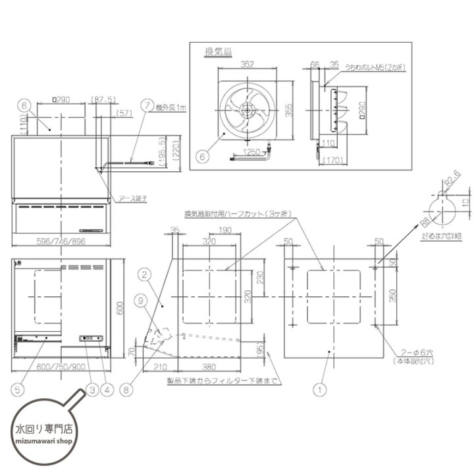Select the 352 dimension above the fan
tap(248, 65)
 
